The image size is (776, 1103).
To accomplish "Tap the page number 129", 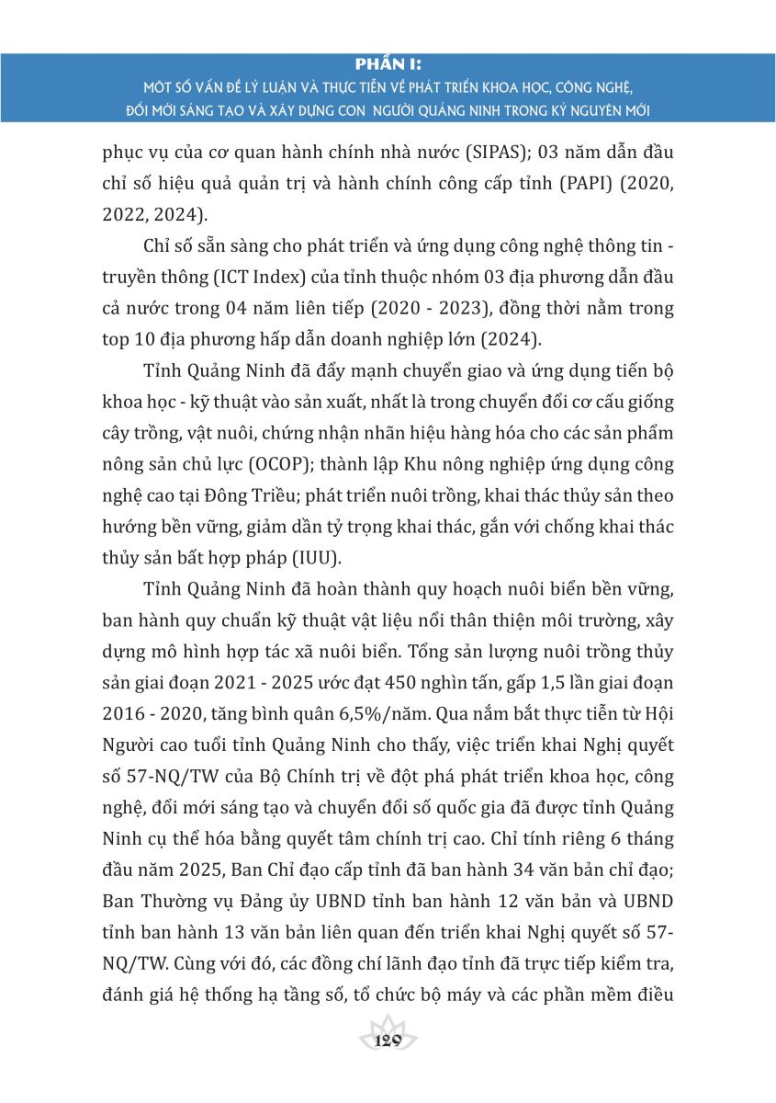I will pos(388,1040).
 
